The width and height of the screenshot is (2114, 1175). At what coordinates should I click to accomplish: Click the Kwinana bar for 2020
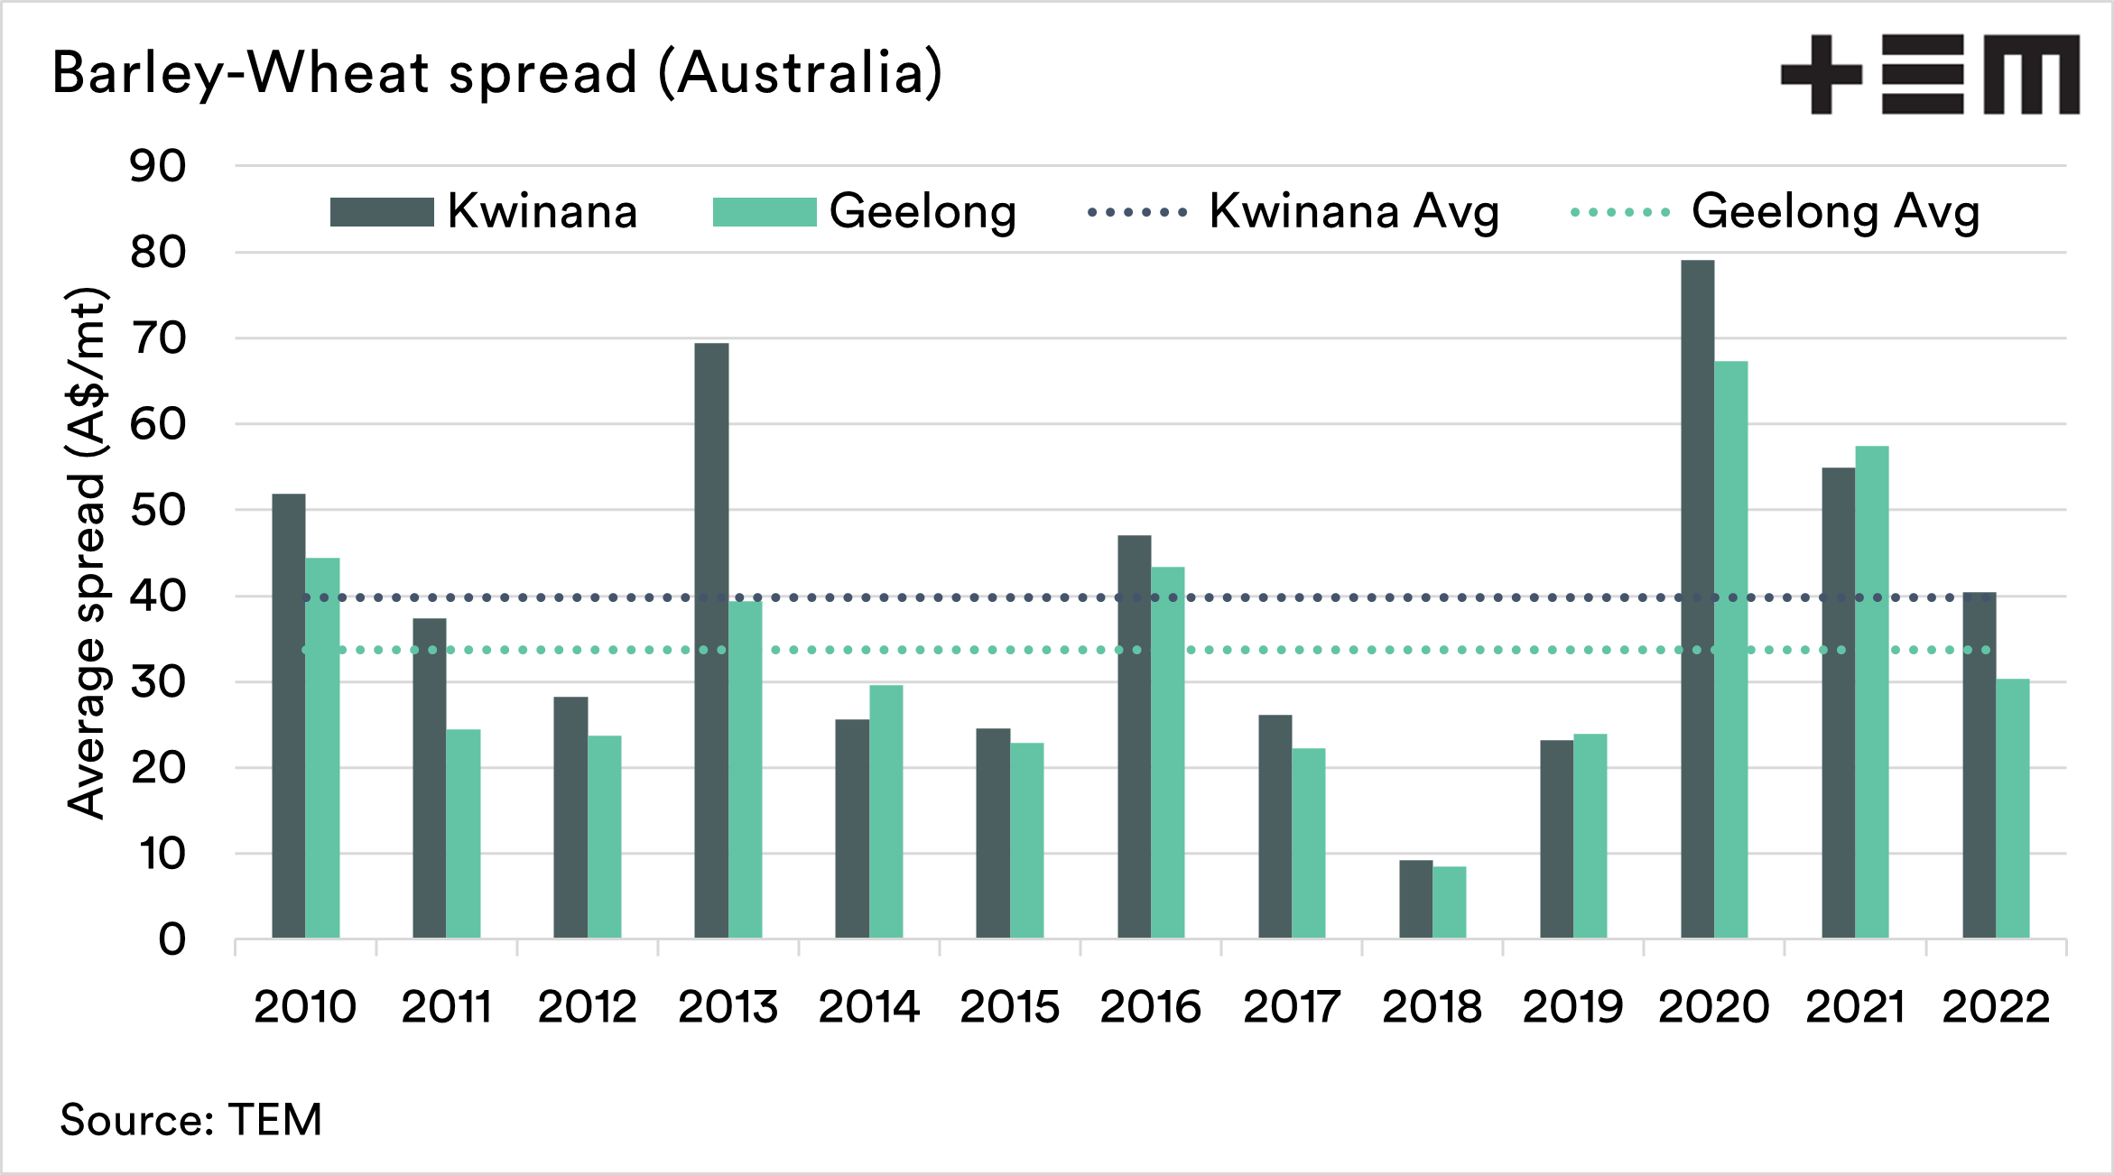(x=1697, y=599)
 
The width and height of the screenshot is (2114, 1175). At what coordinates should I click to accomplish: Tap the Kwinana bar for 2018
(x=1415, y=899)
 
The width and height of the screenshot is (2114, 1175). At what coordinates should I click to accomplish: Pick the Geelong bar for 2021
(x=1872, y=692)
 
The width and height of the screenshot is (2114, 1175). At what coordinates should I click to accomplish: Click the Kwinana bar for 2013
(x=711, y=641)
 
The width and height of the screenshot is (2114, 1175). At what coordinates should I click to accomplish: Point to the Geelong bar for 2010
(x=322, y=748)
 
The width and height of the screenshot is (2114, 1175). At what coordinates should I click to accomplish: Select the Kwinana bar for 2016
(x=1134, y=736)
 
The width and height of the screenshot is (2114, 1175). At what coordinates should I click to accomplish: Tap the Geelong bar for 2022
(x=2013, y=809)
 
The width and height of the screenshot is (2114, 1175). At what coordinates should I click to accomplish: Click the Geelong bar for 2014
(x=885, y=811)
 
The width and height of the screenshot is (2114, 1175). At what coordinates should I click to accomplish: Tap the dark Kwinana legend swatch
(x=382, y=212)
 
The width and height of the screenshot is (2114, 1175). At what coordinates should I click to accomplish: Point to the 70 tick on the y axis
(x=158, y=338)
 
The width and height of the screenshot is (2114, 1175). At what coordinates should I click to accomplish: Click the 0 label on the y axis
(x=172, y=939)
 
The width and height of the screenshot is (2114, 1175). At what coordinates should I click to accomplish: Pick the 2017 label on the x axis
(x=1291, y=1007)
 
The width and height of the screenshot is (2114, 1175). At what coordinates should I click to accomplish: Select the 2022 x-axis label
(x=1996, y=1007)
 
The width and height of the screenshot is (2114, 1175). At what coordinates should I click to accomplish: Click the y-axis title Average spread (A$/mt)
(x=88, y=552)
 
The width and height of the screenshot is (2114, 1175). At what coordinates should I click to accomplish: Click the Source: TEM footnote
(x=191, y=1120)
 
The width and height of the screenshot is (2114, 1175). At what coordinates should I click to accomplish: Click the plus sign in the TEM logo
(x=1822, y=75)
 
